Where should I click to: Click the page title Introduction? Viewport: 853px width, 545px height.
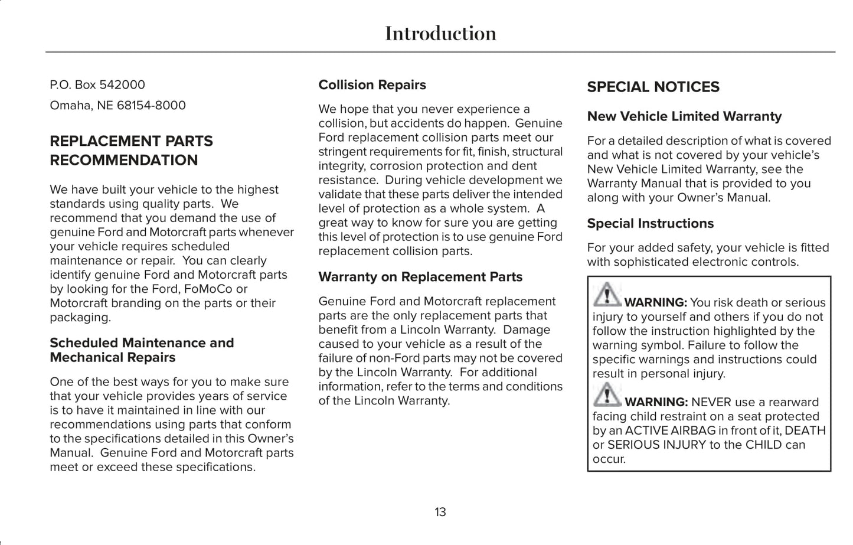440,34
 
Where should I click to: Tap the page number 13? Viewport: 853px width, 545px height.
440,512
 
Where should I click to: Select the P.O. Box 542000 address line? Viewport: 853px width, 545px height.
97,85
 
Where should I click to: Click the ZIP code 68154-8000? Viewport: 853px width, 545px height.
151,106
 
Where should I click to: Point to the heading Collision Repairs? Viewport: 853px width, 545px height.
372,85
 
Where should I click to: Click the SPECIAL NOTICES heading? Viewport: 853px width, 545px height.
653,87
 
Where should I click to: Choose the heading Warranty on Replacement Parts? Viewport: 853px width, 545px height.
420,277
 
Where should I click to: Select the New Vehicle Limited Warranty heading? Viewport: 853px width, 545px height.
684,117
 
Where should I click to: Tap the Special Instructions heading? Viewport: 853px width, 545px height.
650,224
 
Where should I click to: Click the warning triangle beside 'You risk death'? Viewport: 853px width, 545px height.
607,295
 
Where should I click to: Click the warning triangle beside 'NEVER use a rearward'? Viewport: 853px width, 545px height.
607,394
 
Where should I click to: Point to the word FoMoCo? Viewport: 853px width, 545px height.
208,289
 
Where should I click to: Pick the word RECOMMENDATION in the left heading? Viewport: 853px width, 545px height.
124,161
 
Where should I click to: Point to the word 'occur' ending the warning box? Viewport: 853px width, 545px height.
607,459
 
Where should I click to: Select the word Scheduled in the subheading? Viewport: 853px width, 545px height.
84,343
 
